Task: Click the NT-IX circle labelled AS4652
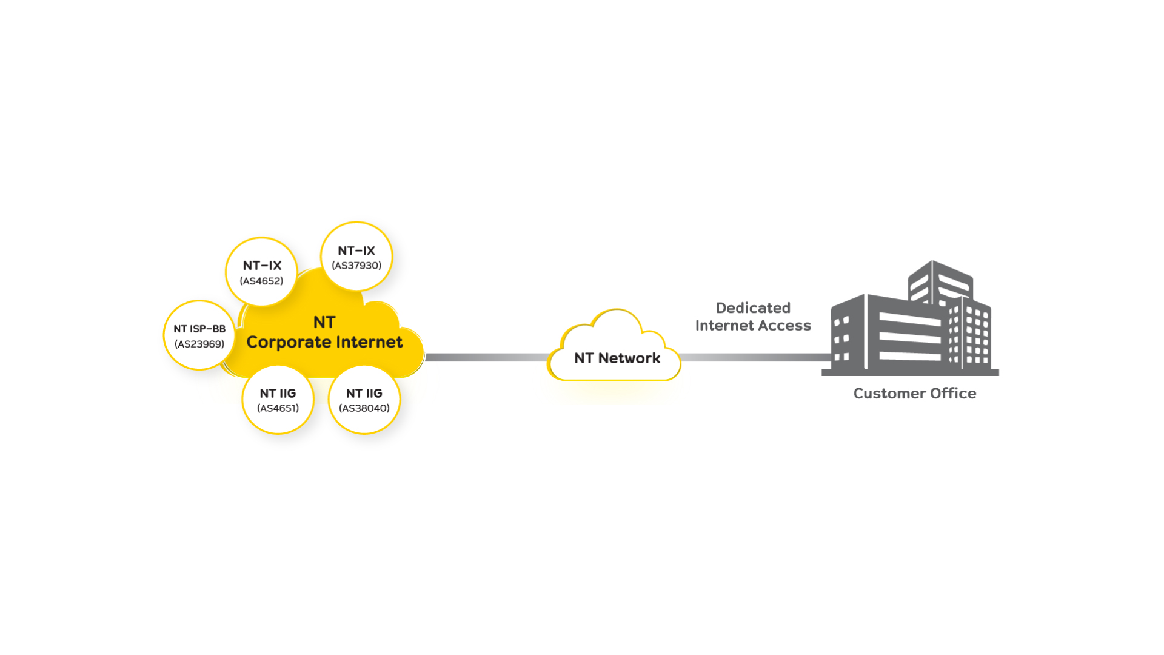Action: pyautogui.click(x=261, y=272)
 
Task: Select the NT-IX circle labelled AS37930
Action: pyautogui.click(x=356, y=257)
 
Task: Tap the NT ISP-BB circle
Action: pyautogui.click(x=199, y=335)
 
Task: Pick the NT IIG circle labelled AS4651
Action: pyautogui.click(x=278, y=400)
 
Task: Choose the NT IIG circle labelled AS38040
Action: pyautogui.click(x=364, y=400)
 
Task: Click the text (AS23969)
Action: pyautogui.click(x=199, y=344)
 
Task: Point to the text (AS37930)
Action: pyautogui.click(x=356, y=266)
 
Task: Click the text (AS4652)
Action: pyautogui.click(x=261, y=281)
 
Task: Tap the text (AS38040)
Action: pyautogui.click(x=364, y=408)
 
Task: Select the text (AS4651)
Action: pyautogui.click(x=278, y=408)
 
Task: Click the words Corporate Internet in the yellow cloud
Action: pyautogui.click(x=324, y=343)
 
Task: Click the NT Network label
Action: pyautogui.click(x=617, y=358)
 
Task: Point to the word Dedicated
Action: pyautogui.click(x=753, y=308)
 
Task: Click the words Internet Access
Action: pyautogui.click(x=753, y=326)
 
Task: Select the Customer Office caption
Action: pyautogui.click(x=915, y=394)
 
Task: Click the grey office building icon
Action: pyautogui.click(x=910, y=318)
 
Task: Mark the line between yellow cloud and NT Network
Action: pyautogui.click(x=486, y=357)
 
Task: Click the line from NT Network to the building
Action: pyautogui.click(x=755, y=357)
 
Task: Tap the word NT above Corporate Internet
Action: pyautogui.click(x=324, y=322)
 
